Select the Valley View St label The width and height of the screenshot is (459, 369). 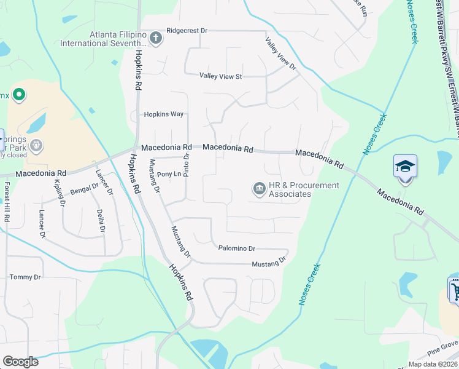pos(221,76)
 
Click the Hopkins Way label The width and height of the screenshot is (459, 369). pos(164,114)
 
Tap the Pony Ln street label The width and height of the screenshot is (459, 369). pos(168,174)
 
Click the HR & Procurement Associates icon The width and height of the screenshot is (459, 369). pos(259,188)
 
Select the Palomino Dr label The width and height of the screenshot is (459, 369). pos(237,248)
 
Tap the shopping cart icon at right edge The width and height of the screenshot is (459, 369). pos(455,290)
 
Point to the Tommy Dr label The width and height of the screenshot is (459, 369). pos(25,277)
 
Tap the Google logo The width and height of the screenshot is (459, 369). pos(20,362)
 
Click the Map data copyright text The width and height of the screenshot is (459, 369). pos(433,364)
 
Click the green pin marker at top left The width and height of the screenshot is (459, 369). pos(18,95)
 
